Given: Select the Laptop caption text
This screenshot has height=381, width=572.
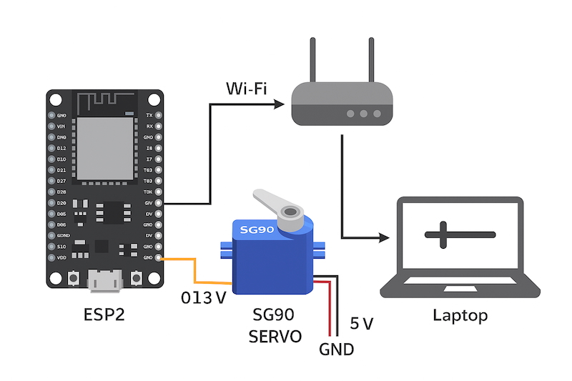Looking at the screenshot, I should [460, 315].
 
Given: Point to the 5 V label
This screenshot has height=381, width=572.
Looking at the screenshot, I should [361, 324].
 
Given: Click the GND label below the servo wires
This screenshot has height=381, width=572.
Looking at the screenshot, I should [336, 350].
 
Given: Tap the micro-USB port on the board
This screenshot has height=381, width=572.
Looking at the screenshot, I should [104, 281].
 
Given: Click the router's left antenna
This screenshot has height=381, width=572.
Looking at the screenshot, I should [313, 61].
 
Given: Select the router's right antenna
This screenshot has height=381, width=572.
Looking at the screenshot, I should [371, 61].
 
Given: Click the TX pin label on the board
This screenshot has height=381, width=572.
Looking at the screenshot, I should [149, 115].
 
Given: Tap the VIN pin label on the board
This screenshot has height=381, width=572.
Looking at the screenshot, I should [61, 126].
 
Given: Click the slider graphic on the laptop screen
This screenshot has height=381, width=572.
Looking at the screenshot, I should [459, 234].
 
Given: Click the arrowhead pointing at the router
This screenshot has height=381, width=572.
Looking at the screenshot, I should [279, 104].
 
